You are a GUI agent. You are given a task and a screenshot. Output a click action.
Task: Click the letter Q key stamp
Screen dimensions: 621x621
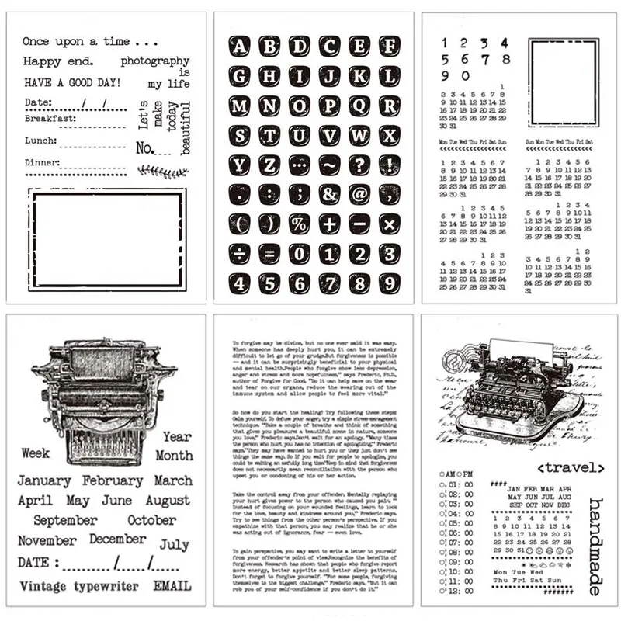(x=359, y=106)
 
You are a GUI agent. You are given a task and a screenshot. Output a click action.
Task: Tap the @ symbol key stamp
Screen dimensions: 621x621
(x=359, y=194)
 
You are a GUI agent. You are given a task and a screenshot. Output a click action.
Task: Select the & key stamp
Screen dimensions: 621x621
(x=328, y=194)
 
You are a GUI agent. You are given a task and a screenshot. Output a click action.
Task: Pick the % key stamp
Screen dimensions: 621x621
(x=300, y=224)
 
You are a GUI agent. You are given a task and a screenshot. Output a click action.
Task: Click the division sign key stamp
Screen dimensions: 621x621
(x=239, y=254)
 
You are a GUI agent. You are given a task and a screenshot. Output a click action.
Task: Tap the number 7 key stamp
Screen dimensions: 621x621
(x=328, y=283)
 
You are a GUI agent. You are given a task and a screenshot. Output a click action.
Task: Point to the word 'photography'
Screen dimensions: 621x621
(x=155, y=61)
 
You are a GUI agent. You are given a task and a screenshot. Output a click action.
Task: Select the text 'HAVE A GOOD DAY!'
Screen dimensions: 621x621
(x=71, y=82)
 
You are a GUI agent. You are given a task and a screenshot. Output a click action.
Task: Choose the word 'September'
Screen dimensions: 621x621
(x=65, y=520)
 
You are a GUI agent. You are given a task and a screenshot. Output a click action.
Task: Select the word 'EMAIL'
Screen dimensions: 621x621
(x=172, y=586)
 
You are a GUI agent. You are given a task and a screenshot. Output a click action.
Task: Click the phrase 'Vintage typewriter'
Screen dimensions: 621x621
(x=78, y=586)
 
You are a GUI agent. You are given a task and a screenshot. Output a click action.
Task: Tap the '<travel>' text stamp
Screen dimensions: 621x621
(x=571, y=467)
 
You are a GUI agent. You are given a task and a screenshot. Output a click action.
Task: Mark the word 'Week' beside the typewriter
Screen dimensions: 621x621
(x=36, y=453)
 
